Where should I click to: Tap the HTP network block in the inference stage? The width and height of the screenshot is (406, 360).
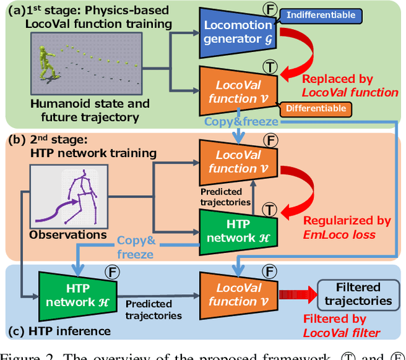72,295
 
